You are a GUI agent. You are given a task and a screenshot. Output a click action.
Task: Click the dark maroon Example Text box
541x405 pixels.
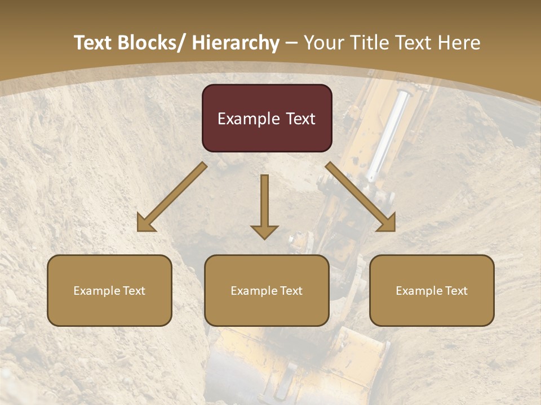(267, 118)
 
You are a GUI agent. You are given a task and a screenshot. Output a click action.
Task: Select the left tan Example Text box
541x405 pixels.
(109, 290)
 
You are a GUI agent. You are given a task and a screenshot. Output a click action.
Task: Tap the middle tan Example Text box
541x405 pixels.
(267, 290)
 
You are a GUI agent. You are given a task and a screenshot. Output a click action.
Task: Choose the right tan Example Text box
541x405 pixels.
(432, 290)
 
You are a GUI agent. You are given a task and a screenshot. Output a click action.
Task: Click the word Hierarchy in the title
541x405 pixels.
(235, 43)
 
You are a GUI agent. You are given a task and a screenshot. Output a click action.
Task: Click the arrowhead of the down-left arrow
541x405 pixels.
(145, 223)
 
